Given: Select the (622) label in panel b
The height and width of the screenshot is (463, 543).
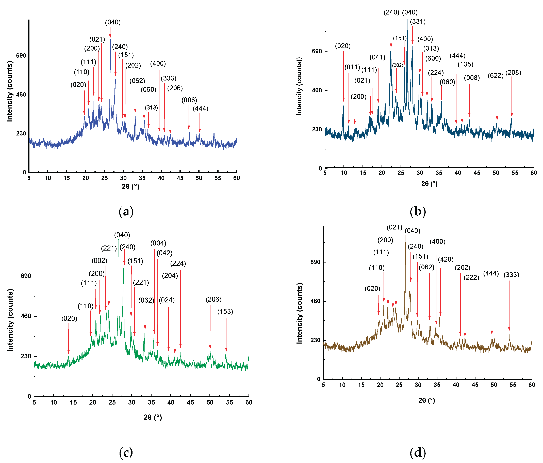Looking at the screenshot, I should (495, 76).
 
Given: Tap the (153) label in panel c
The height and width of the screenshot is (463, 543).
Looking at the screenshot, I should (225, 312).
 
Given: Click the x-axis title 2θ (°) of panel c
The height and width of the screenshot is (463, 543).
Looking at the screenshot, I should (153, 417).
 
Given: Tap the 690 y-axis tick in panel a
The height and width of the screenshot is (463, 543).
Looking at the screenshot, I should (21, 56).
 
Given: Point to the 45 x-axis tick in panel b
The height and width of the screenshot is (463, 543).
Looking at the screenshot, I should (477, 173).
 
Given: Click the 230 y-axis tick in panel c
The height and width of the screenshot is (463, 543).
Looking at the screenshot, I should (26, 356).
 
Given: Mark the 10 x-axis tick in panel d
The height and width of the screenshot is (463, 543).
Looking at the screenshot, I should (342, 385).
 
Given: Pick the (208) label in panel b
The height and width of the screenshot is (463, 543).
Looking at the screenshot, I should (513, 73).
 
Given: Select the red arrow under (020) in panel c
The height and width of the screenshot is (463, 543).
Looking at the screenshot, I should (69, 338).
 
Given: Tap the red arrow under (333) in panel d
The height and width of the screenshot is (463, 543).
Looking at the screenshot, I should (509, 305).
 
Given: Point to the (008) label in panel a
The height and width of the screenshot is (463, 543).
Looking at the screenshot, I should (189, 100).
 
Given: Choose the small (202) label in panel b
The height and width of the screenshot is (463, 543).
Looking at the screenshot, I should (397, 65).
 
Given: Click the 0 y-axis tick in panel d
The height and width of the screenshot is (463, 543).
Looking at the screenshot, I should (319, 379).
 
